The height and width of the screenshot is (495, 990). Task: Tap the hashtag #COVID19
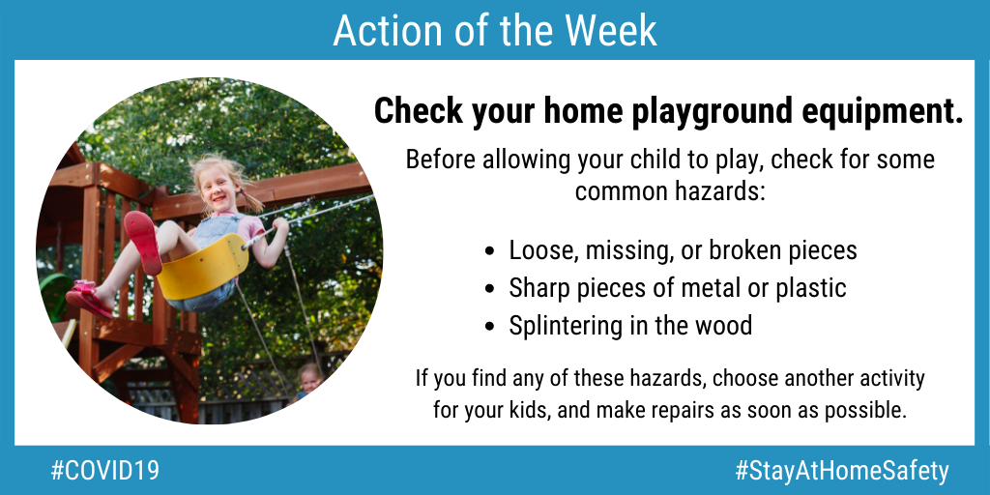tap(104, 471)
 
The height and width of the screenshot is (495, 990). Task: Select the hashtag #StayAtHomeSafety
tap(842, 472)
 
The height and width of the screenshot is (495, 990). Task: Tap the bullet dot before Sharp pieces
tap(490, 289)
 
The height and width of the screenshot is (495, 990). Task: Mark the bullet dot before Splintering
tap(490, 327)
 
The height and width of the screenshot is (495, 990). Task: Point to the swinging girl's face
tap(218, 186)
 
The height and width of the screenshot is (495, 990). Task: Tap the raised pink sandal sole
tap(143, 242)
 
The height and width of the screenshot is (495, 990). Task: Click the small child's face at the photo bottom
tap(309, 380)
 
